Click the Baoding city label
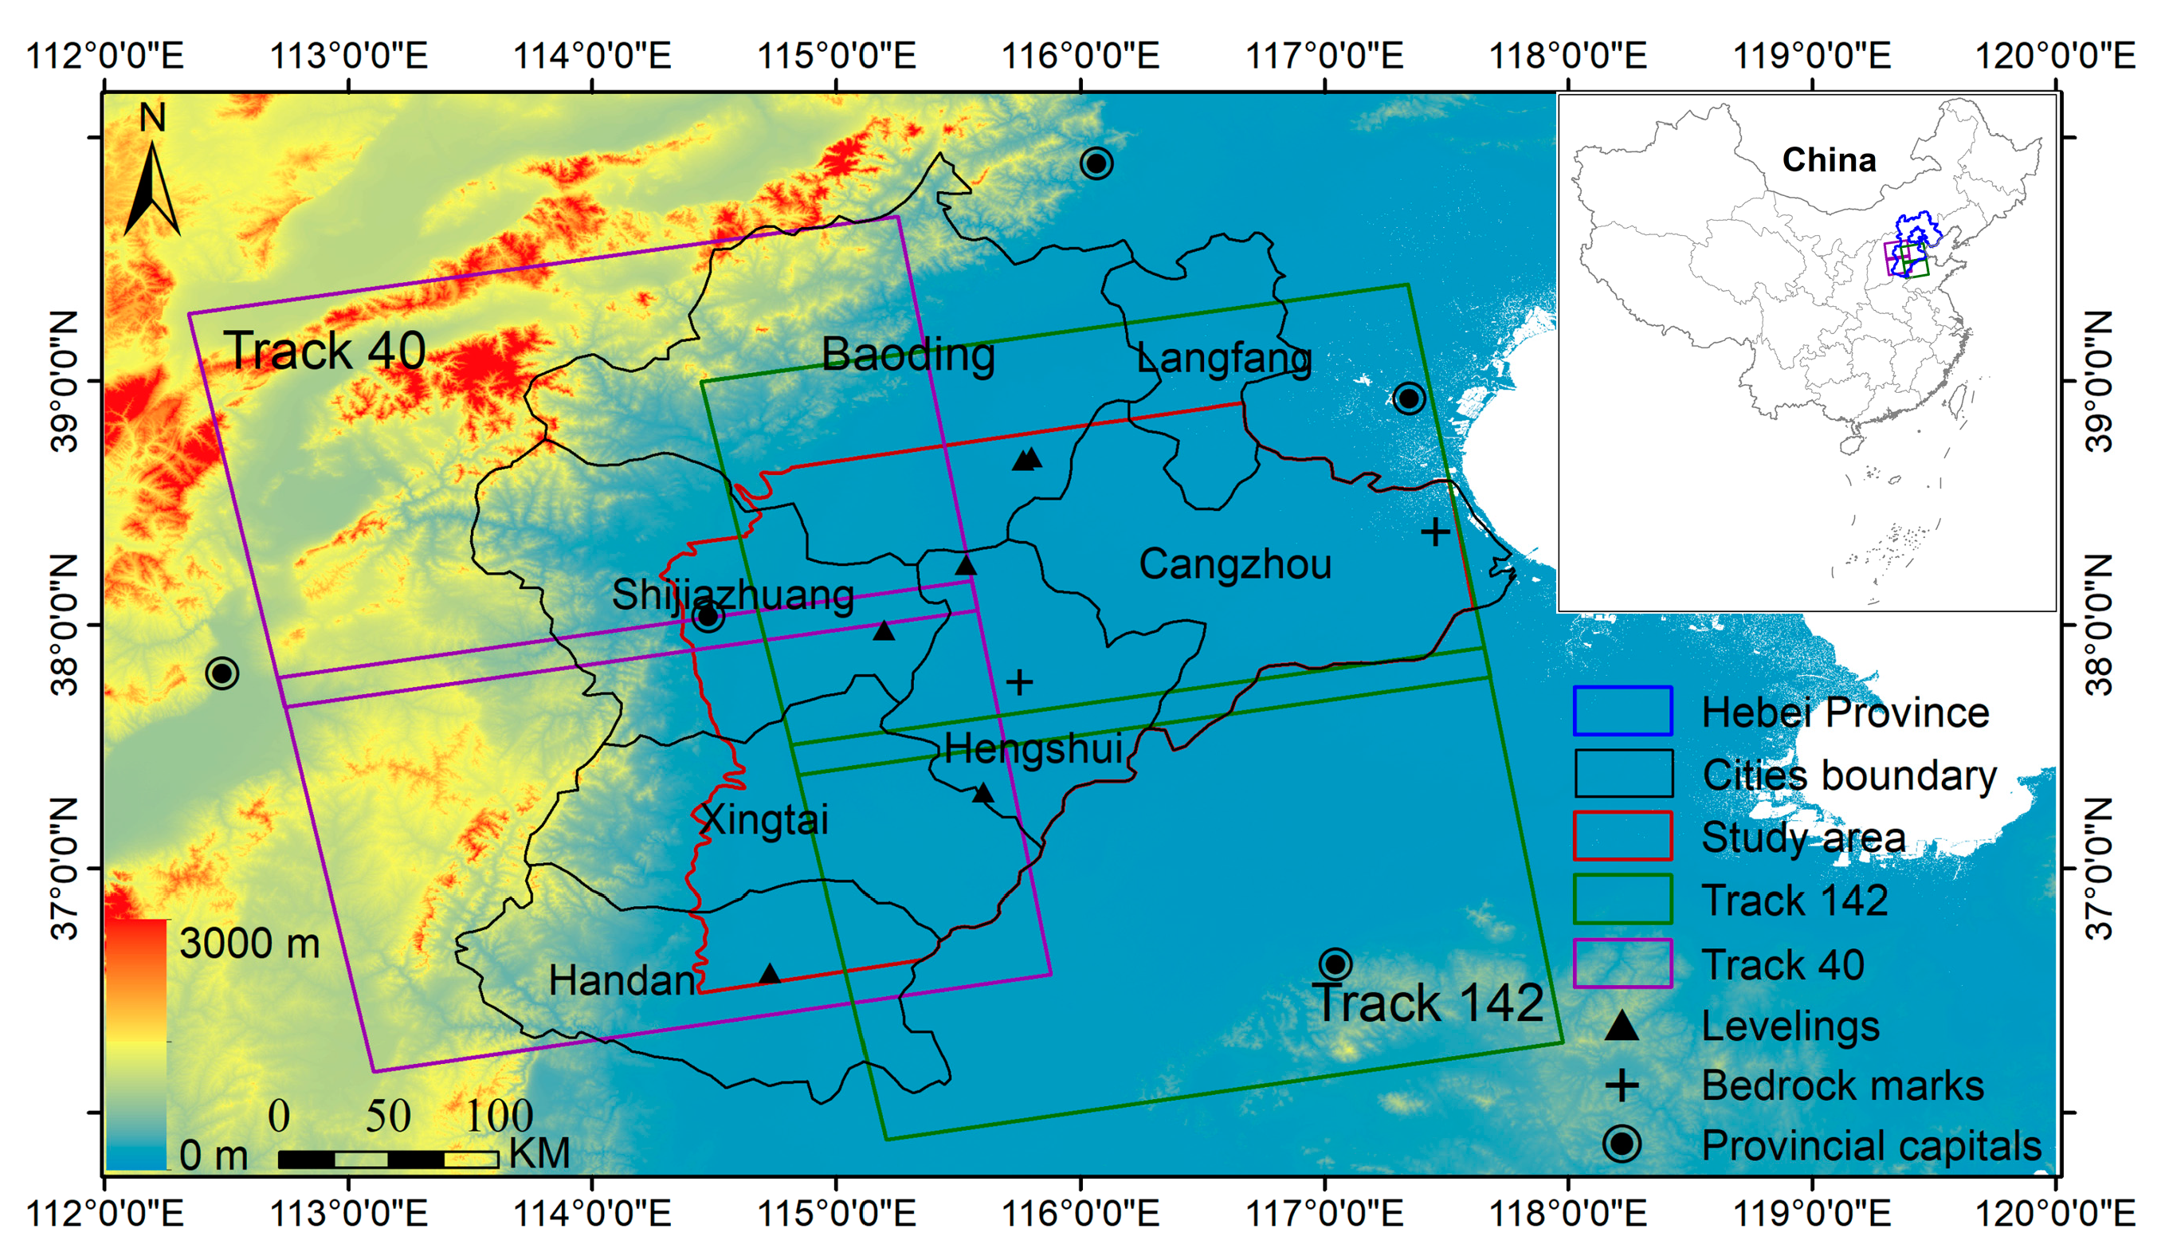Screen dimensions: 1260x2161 coord(908,355)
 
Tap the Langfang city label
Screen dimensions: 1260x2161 coord(1224,359)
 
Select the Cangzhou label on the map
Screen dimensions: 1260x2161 coord(1235,564)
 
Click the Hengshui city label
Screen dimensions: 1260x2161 coord(1033,749)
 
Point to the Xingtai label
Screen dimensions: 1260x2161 coord(765,820)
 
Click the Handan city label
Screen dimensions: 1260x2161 coord(622,980)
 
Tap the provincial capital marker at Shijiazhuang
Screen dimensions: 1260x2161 coord(708,615)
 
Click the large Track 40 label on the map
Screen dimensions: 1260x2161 coord(325,351)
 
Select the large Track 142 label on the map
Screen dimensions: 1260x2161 coord(1428,1003)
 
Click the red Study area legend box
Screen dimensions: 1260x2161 coord(1622,836)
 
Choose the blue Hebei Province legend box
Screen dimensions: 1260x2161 coord(1622,711)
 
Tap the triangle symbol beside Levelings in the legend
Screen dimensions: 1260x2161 coord(1622,1026)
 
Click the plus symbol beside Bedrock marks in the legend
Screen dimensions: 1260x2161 coord(1622,1086)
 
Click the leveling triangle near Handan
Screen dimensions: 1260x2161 coord(769,975)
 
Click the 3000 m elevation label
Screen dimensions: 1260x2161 coord(249,944)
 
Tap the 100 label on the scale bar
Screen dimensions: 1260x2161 coord(498,1116)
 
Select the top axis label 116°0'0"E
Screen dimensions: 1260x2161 coord(1080,57)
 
